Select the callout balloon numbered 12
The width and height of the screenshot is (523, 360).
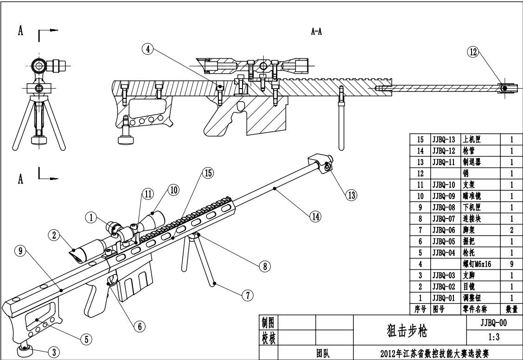473,52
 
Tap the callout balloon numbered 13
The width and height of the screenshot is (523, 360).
351,195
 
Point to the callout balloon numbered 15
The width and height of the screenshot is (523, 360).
207,173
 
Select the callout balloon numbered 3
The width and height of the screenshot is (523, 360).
54,352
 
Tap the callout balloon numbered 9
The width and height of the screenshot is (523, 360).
20,251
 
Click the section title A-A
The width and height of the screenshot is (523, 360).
317,32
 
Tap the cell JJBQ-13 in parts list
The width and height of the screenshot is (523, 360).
444,139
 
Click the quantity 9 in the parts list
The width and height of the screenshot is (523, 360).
510,264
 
